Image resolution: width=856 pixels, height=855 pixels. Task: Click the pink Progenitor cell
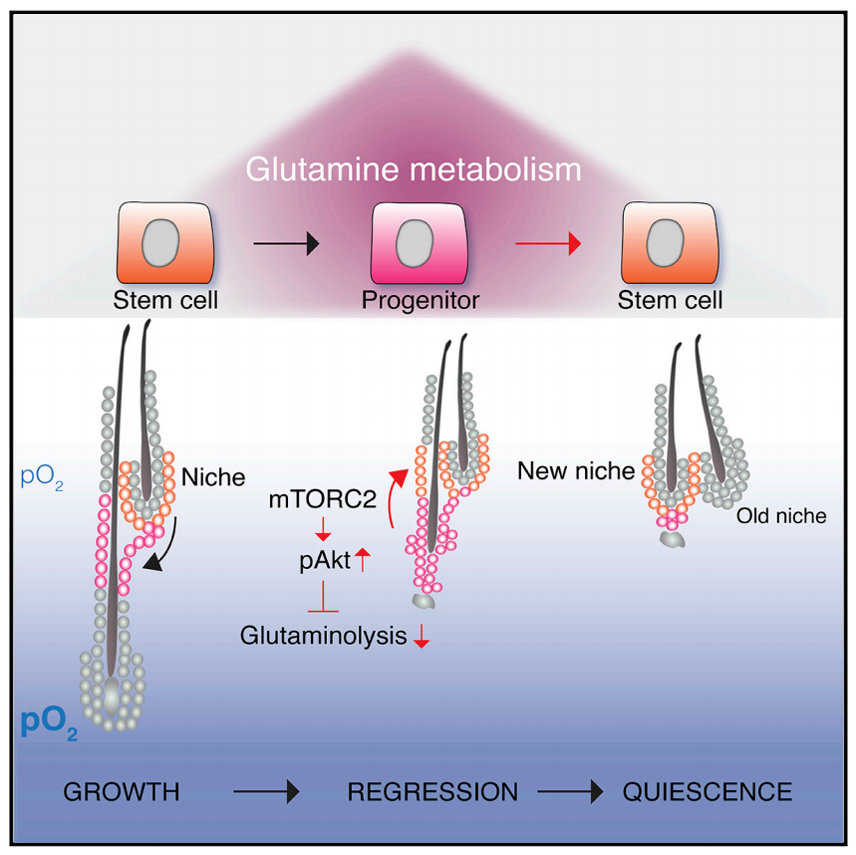419,243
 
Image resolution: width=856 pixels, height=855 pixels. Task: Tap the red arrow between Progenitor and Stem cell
548,243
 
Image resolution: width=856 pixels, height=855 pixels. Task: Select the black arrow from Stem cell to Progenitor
286,243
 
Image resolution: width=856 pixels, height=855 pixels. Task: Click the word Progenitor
421,300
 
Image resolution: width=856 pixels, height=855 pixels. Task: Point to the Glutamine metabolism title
414,169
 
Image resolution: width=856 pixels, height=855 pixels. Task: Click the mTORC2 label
323,499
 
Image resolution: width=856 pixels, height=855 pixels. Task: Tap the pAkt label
325,560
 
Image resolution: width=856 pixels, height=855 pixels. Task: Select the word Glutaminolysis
323,636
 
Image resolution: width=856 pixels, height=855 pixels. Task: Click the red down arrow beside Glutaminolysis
421,636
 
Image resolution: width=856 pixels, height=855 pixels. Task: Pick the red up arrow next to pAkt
363,560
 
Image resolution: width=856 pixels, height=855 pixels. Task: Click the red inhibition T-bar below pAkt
323,597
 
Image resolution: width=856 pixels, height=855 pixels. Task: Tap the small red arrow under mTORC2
323,528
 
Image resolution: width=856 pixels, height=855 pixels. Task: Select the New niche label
576,470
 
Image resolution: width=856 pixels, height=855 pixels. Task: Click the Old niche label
781,516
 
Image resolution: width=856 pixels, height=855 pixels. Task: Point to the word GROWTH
122,792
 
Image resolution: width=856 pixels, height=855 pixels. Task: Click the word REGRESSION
432,792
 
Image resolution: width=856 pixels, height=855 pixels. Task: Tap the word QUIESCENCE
708,792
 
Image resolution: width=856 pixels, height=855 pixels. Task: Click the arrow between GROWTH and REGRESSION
266,791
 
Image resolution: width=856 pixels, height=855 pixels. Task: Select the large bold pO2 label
49,724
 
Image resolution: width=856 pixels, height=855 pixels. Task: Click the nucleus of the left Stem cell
160,243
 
